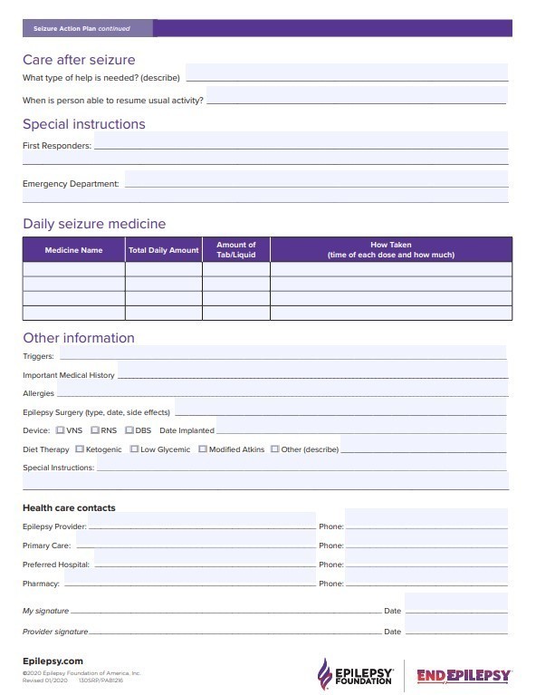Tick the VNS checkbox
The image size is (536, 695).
tap(61, 430)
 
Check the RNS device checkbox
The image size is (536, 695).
tap(95, 430)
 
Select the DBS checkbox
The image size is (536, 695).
tap(129, 430)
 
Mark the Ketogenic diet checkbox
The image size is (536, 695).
tap(80, 449)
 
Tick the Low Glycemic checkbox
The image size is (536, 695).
tap(134, 449)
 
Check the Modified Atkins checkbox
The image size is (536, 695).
tap(203, 449)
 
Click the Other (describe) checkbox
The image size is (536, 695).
tap(275, 449)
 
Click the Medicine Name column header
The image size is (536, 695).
tap(73, 250)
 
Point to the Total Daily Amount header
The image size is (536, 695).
tap(163, 250)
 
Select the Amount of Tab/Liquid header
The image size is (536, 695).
tap(235, 249)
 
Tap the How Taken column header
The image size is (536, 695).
tap(390, 249)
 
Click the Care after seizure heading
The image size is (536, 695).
tap(79, 60)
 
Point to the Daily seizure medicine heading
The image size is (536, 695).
tap(94, 224)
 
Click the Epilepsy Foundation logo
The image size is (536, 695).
tap(355, 673)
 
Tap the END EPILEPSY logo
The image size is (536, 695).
tap(464, 675)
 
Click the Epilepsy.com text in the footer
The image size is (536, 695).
tap(53, 661)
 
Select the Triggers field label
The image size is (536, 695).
tap(38, 356)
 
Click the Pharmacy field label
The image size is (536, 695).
tap(41, 584)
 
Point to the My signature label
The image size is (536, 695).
tap(45, 612)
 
